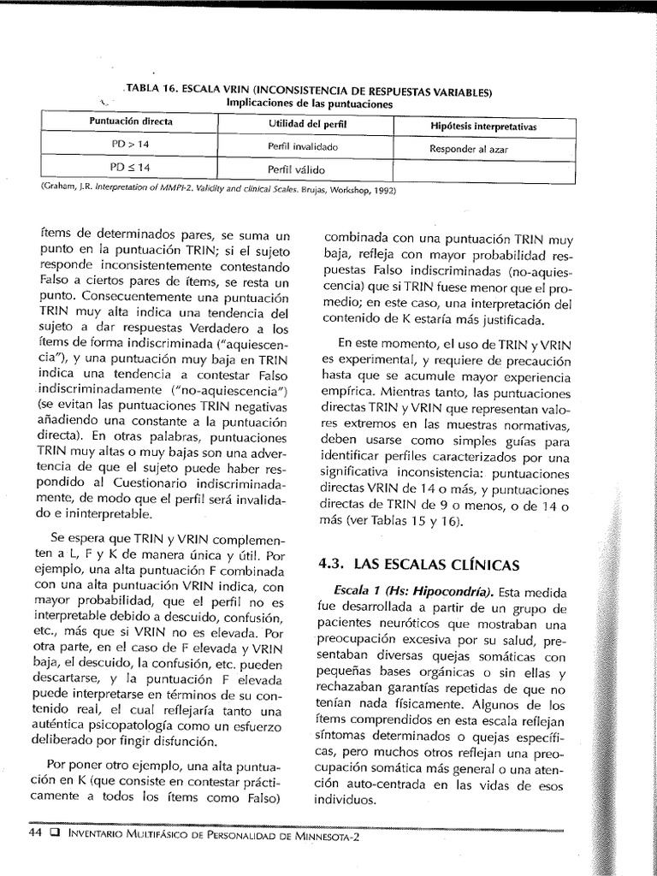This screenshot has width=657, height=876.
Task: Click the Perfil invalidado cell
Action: pyautogui.click(x=303, y=147)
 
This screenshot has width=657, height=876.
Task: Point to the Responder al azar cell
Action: pyautogui.click(x=470, y=149)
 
